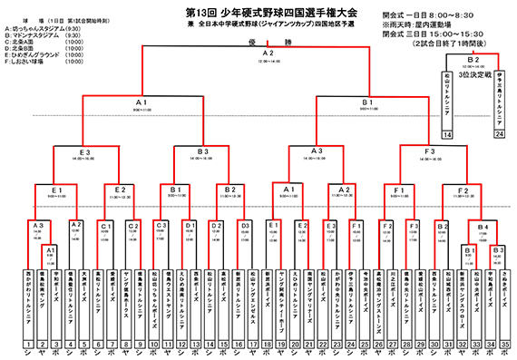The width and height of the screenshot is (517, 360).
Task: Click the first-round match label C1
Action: [104, 224]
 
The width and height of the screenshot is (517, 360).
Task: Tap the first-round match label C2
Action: [132, 224]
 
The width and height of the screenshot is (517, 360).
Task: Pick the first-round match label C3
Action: [161, 224]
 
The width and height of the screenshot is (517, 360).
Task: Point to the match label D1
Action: [189, 224]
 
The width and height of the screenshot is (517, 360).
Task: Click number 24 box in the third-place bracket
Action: [498, 135]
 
